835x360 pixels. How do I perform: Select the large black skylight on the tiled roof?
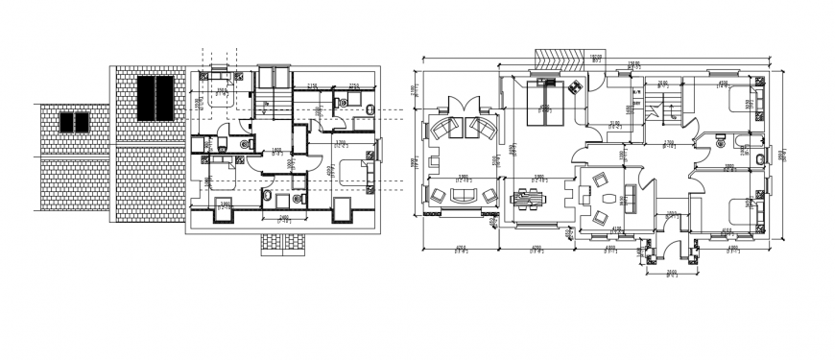click(x=155, y=97)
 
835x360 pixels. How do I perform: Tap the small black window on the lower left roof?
click(x=74, y=123)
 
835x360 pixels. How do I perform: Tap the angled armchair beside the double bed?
click(x=577, y=88)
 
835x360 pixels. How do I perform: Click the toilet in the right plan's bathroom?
click(x=758, y=157)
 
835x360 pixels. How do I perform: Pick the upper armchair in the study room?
click(x=601, y=180)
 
